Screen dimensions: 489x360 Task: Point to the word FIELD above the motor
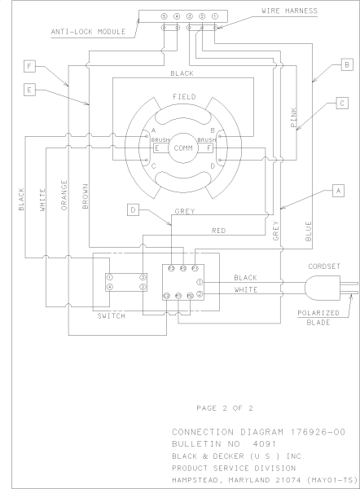[x=184, y=96]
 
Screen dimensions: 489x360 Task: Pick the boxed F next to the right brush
[x=210, y=148]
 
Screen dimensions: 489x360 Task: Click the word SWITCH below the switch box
[x=111, y=315]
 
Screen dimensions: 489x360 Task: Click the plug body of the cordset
[x=319, y=286]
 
